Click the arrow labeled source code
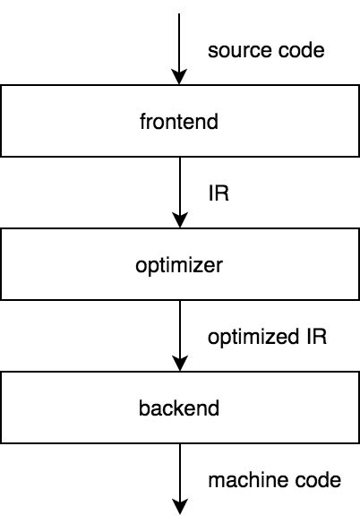(x=180, y=45)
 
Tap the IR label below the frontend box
(x=218, y=193)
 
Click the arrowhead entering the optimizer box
(x=180, y=221)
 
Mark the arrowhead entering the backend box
(x=180, y=365)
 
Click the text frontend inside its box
(x=180, y=121)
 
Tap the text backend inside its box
(x=180, y=408)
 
